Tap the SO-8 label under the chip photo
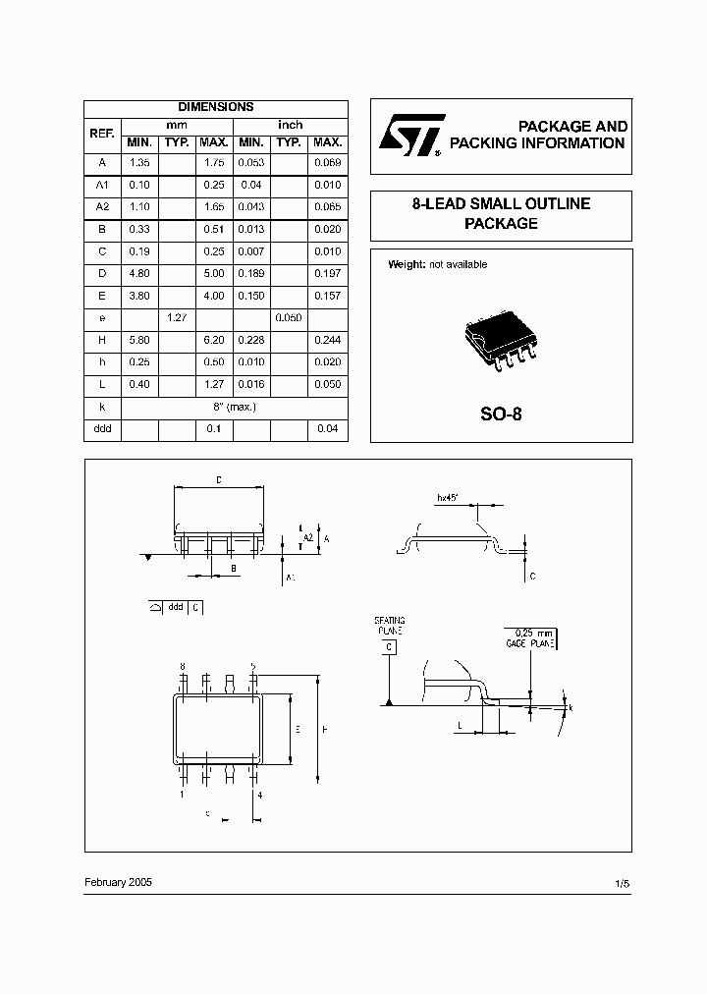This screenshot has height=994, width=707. tap(501, 414)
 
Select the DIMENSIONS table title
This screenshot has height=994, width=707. tap(215, 107)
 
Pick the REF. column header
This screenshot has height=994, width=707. tap(101, 134)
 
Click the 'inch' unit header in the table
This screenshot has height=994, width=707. tap(291, 125)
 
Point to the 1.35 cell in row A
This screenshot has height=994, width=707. tap(138, 162)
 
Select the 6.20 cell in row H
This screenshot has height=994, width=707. tap(214, 340)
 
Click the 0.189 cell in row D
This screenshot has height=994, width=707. tap(252, 273)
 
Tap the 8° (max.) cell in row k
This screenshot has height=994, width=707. tap(233, 406)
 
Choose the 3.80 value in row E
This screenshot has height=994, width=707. tap(138, 296)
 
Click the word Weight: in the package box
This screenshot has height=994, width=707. tap(408, 264)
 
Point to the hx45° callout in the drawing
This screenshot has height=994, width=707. tap(451, 498)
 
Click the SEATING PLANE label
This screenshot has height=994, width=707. tap(389, 627)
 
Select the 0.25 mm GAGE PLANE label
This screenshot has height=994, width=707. tap(530, 639)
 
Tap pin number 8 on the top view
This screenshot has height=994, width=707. tap(182, 667)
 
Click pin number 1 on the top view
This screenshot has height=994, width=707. tap(182, 794)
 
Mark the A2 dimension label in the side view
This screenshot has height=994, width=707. tap(307, 537)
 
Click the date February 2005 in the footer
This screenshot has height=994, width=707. tap(118, 882)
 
